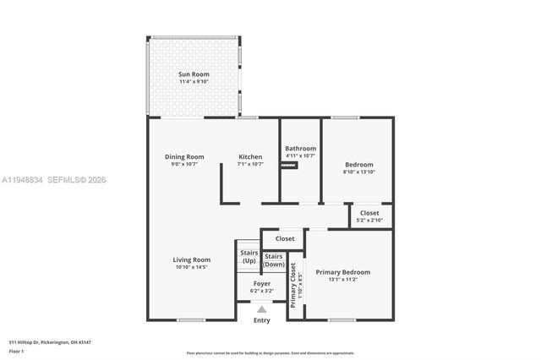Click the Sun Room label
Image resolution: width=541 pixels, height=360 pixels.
(x=193, y=75)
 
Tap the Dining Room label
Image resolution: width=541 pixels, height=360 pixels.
(x=184, y=156)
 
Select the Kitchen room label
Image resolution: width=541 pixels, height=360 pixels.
(x=250, y=156)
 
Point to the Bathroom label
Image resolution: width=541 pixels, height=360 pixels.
(x=300, y=148)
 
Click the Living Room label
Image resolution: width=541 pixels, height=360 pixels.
(x=192, y=259)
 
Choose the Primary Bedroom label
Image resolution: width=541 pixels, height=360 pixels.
(x=342, y=272)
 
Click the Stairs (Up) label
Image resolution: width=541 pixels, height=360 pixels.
(x=249, y=257)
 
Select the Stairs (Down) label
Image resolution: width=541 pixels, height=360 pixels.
(x=274, y=260)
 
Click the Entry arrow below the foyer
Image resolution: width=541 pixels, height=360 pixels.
(x=261, y=310)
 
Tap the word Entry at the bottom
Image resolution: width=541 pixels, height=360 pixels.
(x=262, y=320)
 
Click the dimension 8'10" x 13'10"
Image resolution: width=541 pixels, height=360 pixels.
(x=358, y=172)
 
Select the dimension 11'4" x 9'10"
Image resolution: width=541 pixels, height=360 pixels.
(x=193, y=82)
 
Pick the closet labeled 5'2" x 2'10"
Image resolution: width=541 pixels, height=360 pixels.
(x=369, y=216)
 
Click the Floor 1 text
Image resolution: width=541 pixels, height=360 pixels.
(x=16, y=351)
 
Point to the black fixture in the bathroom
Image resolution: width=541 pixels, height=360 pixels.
(x=290, y=166)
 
